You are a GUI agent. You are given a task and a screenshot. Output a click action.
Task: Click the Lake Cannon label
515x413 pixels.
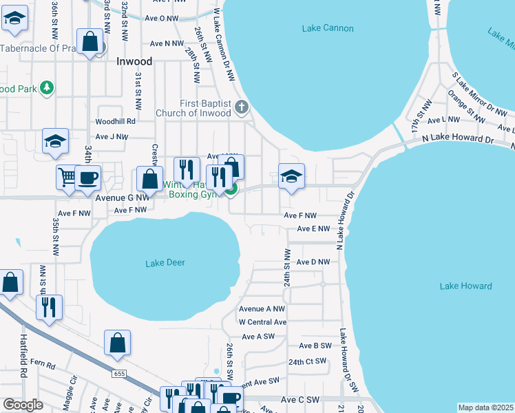click(328, 28)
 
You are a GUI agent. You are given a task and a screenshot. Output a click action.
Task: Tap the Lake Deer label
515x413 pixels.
click(165, 263)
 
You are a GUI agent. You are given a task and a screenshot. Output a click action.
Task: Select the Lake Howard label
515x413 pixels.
click(466, 286)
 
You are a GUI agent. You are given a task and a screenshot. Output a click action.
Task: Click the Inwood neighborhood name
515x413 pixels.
click(134, 61)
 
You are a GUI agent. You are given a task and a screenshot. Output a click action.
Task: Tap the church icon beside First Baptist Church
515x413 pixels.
click(241, 107)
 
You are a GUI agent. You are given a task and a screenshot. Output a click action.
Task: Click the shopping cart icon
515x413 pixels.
click(67, 176)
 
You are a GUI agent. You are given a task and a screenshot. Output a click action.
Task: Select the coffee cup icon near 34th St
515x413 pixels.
click(87, 177)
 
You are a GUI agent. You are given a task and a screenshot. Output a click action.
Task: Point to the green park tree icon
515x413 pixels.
click(46, 87)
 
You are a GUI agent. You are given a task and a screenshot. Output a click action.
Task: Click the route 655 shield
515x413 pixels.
click(119, 373)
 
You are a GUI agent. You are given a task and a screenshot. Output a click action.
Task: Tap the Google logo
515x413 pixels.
click(23, 405)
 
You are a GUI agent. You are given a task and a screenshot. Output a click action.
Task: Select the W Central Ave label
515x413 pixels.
click(262, 322)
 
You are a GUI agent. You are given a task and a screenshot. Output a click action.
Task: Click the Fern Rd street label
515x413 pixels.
click(41, 363)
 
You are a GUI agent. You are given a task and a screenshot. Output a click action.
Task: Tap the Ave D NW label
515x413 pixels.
click(313, 262)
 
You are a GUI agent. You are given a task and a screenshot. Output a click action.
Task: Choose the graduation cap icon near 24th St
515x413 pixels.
click(291, 176)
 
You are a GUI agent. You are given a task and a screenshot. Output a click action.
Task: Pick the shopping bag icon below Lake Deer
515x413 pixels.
click(118, 342)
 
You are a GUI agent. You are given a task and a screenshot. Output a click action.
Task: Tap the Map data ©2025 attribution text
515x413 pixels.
click(485, 407)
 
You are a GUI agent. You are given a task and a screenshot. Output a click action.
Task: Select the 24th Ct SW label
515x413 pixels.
click(307, 361)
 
